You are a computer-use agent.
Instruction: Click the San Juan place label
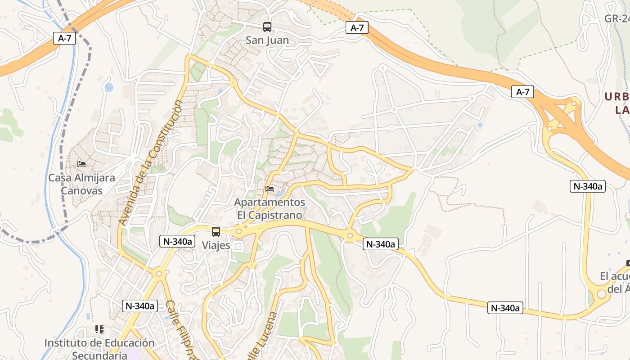(x=267, y=40)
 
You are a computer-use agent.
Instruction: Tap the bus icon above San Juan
(x=267, y=27)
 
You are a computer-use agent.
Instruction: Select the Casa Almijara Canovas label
(x=81, y=184)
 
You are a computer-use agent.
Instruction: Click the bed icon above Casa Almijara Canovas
(x=81, y=164)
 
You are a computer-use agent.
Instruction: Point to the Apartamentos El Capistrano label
(x=270, y=209)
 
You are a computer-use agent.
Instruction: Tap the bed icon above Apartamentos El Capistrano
(x=270, y=189)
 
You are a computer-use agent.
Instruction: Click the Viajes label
(x=216, y=245)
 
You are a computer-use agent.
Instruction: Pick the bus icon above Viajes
(x=216, y=232)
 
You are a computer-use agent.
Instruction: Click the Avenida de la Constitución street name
(x=151, y=163)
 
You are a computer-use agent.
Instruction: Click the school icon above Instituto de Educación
(x=99, y=329)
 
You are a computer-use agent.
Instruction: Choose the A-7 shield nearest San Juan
(x=357, y=28)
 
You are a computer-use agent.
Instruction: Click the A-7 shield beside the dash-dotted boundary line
(x=64, y=38)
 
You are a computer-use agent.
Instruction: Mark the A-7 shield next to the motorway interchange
(x=522, y=92)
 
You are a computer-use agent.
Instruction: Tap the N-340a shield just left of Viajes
(x=177, y=241)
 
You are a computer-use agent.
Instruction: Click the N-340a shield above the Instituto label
(x=139, y=306)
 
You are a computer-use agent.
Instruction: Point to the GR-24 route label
(x=617, y=18)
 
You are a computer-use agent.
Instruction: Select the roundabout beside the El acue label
(x=602, y=294)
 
